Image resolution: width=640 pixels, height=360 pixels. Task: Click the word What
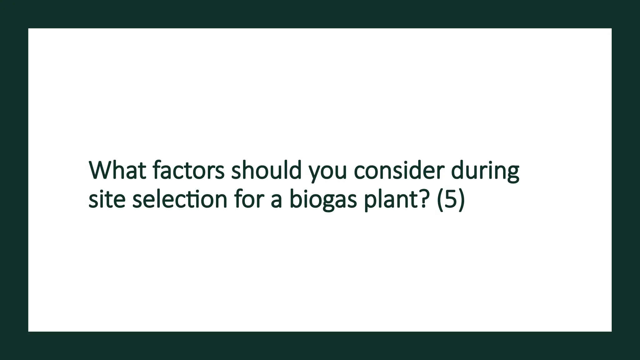point(117,171)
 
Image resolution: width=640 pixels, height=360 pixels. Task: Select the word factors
point(189,171)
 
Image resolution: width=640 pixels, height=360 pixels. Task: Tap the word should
point(266,171)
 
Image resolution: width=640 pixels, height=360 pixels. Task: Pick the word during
point(485,171)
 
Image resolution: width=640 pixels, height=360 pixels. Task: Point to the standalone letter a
point(276,201)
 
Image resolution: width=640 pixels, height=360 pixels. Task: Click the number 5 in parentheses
point(450,199)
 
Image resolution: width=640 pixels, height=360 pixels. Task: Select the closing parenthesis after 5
point(461,200)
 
